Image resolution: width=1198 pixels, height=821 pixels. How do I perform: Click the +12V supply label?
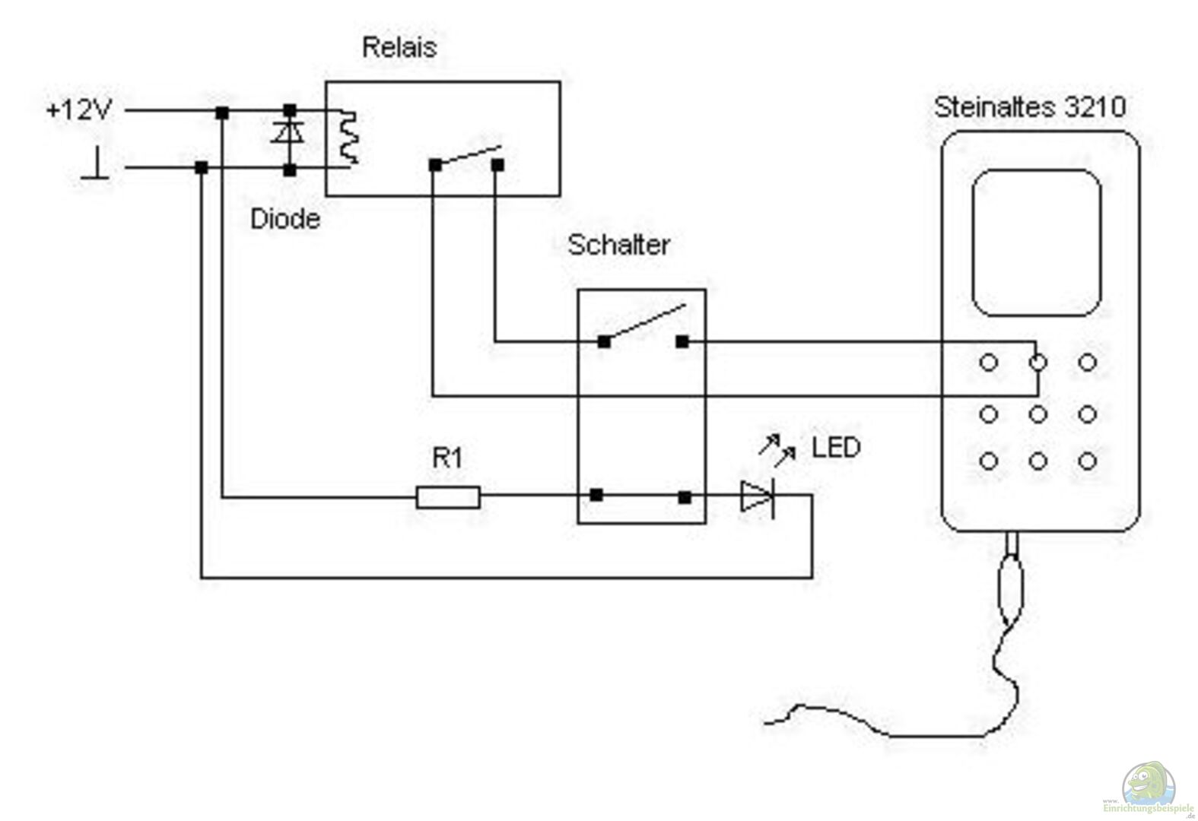pyautogui.click(x=78, y=110)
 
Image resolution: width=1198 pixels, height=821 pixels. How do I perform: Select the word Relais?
pyautogui.click(x=399, y=47)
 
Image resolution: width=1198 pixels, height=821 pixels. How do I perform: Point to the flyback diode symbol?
pyautogui.click(x=288, y=132)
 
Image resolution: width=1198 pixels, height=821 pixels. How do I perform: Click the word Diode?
pyautogui.click(x=284, y=219)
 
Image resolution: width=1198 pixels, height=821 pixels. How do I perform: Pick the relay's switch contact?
pyautogui.click(x=466, y=157)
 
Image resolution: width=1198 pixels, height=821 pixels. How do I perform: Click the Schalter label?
pyautogui.click(x=618, y=245)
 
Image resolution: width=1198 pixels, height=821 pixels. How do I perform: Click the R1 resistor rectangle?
pyautogui.click(x=448, y=497)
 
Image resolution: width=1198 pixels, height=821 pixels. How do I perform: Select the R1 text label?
pyautogui.click(x=447, y=458)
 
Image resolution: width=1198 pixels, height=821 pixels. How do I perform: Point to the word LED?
pyautogui.click(x=835, y=447)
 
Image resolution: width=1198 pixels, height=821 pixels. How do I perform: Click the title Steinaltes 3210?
pyautogui.click(x=1029, y=107)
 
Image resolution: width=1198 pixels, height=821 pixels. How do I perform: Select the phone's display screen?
pyautogui.click(x=1037, y=242)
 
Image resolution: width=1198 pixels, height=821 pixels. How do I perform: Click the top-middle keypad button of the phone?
pyautogui.click(x=1038, y=363)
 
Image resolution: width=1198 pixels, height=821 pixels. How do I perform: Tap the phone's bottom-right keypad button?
pyautogui.click(x=1088, y=461)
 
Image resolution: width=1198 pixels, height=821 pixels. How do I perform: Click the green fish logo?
pyautogui.click(x=1148, y=785)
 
